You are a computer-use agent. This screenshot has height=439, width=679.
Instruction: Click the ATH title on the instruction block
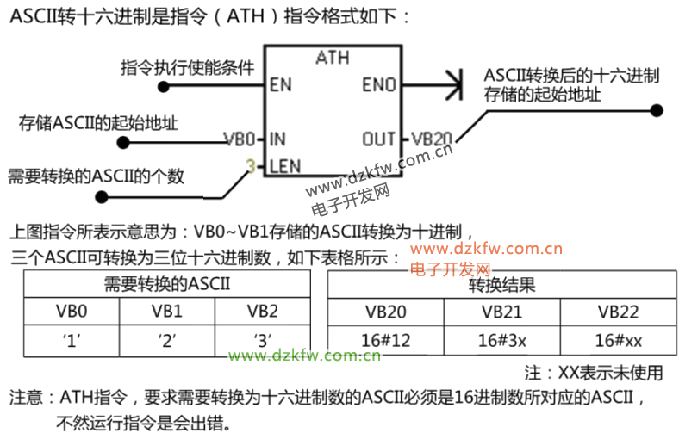(x=333, y=59)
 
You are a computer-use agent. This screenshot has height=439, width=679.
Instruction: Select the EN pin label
(x=280, y=85)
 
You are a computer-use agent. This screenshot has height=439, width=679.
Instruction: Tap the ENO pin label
(x=379, y=85)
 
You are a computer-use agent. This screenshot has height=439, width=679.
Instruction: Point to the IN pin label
(x=277, y=139)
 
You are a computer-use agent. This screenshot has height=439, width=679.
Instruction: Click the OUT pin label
(x=378, y=139)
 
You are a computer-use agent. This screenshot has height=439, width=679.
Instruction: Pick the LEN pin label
(x=284, y=166)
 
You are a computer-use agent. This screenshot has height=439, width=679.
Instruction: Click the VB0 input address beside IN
(x=239, y=139)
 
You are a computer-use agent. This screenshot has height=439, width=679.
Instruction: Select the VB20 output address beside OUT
(x=431, y=139)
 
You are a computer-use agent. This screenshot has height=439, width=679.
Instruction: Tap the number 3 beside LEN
(x=251, y=166)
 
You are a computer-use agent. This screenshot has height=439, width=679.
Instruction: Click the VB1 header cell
(x=166, y=311)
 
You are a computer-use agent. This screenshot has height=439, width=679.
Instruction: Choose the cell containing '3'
(x=262, y=339)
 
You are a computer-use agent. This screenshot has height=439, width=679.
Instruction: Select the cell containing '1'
(x=72, y=339)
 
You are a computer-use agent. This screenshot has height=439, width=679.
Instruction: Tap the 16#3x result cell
(x=501, y=339)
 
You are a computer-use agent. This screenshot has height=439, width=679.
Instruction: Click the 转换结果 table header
(x=501, y=284)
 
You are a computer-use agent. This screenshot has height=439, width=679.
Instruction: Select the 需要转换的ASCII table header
(x=166, y=283)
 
